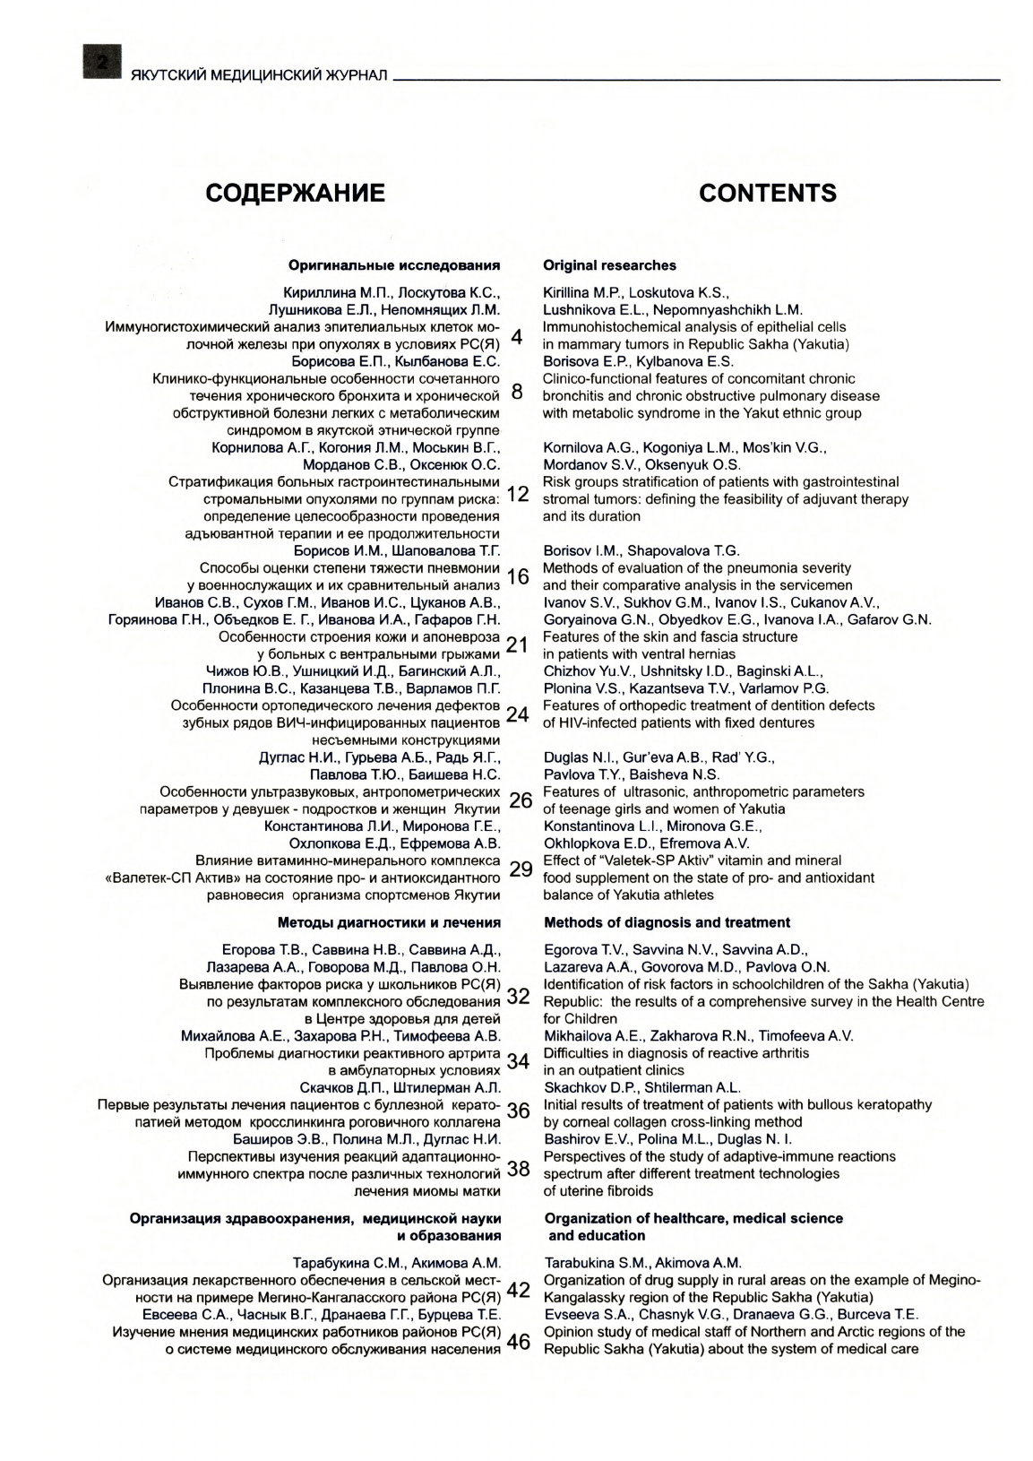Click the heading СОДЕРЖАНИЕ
(x=296, y=194)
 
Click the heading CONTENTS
(x=767, y=194)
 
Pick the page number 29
(x=520, y=869)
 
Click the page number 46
(x=519, y=1341)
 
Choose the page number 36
(x=519, y=1111)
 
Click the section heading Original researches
(x=609, y=265)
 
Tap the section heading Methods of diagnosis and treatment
(x=667, y=922)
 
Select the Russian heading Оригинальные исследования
(x=394, y=265)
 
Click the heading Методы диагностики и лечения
(x=389, y=922)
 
